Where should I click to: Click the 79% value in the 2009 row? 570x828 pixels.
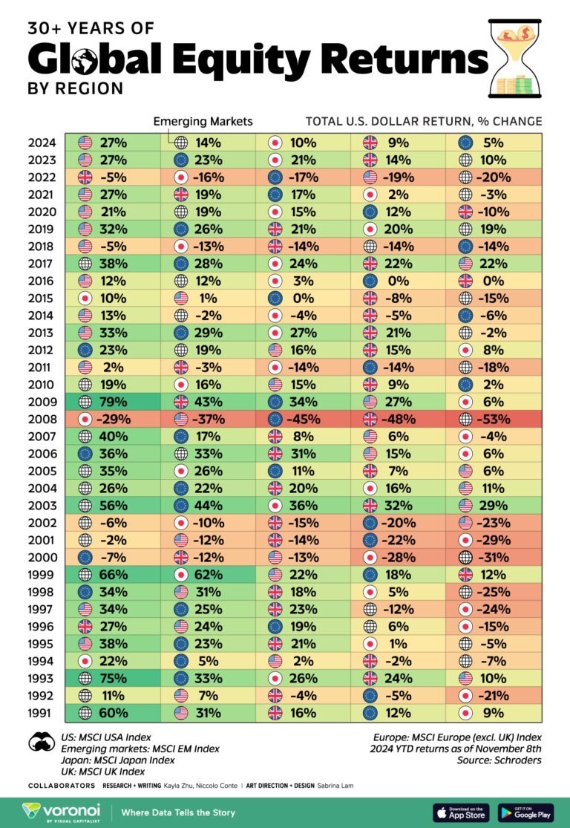click(x=113, y=401)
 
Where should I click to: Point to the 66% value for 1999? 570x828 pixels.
click(x=113, y=574)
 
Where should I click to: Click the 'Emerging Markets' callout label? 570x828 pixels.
click(x=203, y=121)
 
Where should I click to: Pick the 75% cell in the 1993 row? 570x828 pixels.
click(x=113, y=678)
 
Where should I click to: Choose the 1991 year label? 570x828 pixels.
click(x=43, y=713)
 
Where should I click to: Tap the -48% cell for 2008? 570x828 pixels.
click(x=399, y=418)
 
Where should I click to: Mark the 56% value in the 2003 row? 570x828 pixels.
click(x=113, y=505)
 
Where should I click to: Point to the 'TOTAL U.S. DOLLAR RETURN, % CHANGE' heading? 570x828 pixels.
click(x=424, y=121)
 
